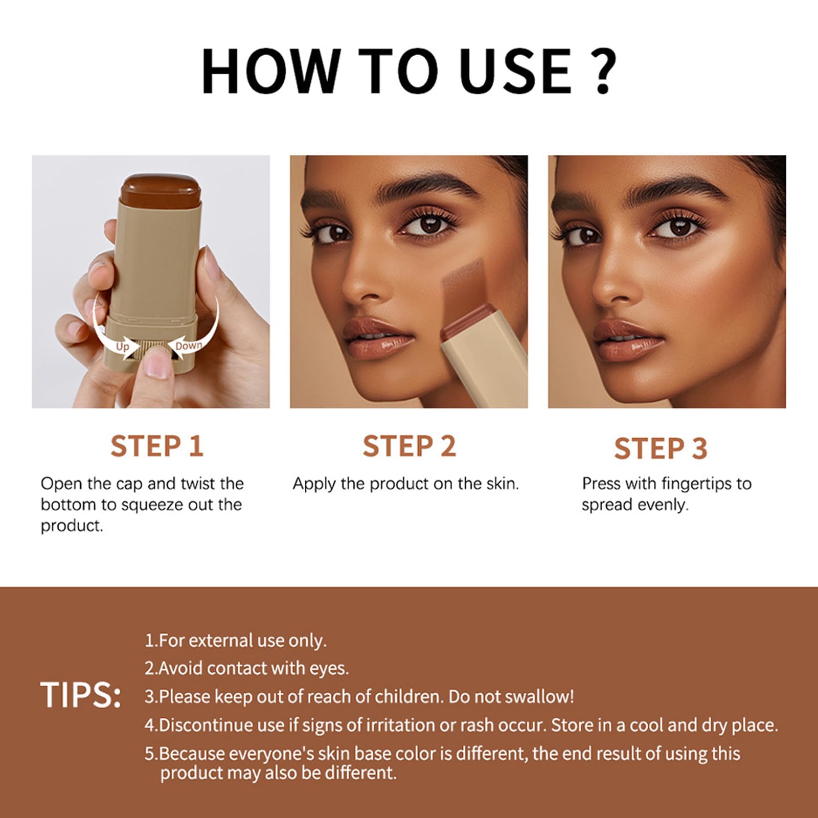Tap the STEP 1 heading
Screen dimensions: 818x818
157,446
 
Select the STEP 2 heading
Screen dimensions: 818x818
409,446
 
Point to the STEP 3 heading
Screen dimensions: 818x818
661,448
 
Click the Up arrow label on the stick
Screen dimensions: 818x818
123,347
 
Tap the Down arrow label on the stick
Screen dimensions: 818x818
189,346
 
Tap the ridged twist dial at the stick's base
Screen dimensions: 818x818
155,351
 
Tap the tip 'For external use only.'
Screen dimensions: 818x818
236,641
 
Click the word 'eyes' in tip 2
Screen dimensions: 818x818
330,669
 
